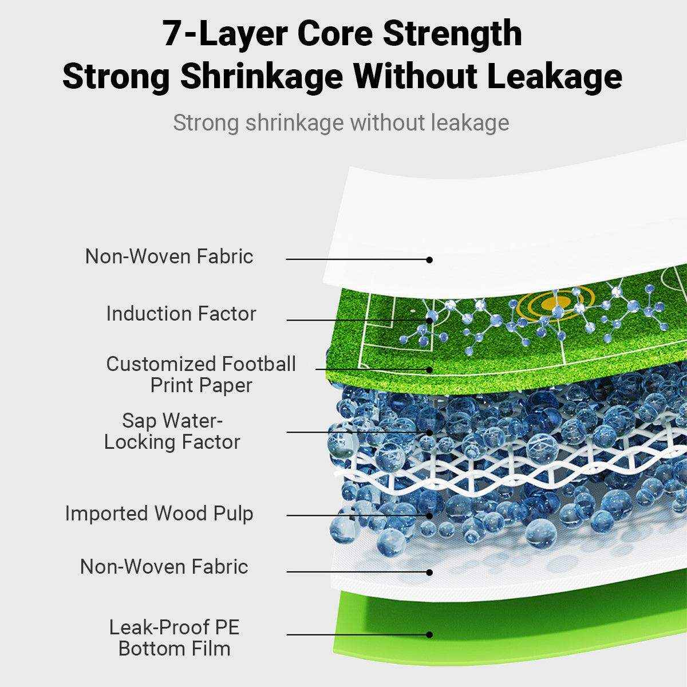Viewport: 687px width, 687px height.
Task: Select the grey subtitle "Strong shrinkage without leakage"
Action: pos(341,123)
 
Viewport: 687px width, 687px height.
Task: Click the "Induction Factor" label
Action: pos(181,314)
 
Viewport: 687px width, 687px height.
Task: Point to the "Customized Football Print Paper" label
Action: pos(201,374)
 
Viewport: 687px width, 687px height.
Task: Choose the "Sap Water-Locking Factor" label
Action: pos(172,431)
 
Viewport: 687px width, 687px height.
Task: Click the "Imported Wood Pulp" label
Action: pos(159,514)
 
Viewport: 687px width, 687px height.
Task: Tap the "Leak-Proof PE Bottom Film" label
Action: pos(175,638)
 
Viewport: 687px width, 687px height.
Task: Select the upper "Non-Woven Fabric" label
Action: pos(169,256)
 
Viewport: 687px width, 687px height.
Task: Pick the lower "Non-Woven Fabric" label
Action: pos(164,567)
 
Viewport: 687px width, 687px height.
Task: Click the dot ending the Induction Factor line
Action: pos(429,320)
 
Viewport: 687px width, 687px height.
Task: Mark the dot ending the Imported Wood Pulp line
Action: pos(429,515)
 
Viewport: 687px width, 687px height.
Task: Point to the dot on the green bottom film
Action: pos(429,634)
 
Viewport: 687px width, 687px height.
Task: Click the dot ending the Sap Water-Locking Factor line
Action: pos(429,432)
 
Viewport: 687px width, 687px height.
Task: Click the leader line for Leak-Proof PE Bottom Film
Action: pos(355,634)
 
